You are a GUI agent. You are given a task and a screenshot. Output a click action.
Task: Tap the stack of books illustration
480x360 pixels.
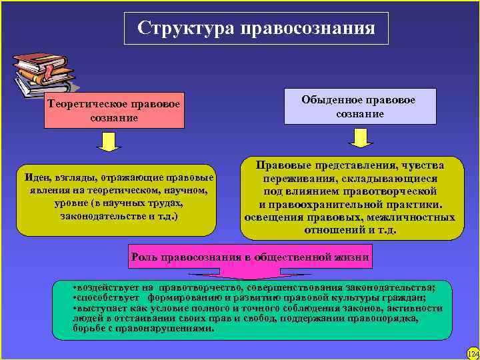(43, 71)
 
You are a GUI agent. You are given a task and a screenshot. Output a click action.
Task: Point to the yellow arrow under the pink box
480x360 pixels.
(109, 141)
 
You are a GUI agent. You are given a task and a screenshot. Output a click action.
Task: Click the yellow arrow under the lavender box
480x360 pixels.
(361, 137)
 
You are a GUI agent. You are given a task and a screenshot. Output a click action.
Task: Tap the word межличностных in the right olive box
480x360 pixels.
(415, 217)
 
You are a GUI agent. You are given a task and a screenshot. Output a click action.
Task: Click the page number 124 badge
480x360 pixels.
(472, 352)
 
